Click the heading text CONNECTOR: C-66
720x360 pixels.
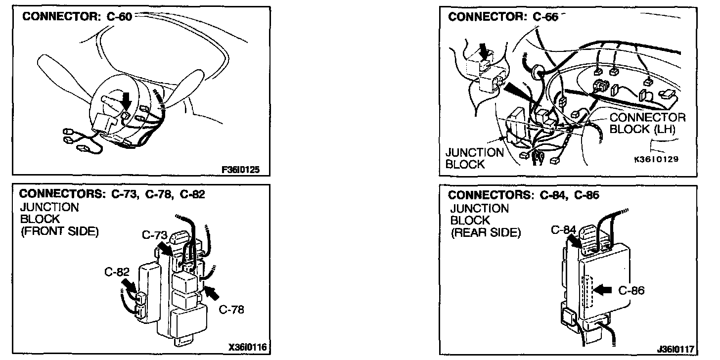pos(503,16)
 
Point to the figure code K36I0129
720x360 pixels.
pos(656,159)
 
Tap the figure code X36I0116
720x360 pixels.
pos(248,347)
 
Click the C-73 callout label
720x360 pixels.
pos(155,235)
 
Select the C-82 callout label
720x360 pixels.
pos(117,271)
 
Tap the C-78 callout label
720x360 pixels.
pos(231,310)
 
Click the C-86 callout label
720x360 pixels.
pos(631,290)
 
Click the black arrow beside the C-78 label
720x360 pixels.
pos(212,292)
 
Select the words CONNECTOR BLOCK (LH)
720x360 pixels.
pos(647,123)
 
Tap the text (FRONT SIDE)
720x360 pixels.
pos(59,230)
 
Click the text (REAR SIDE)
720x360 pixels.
pos(486,232)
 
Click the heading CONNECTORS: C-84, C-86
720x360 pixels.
pos(524,195)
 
